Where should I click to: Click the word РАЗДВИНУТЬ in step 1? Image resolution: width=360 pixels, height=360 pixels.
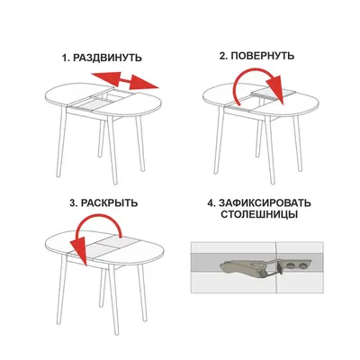[x=107, y=58]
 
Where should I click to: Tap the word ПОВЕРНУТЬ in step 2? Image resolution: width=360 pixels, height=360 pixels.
[x=261, y=56]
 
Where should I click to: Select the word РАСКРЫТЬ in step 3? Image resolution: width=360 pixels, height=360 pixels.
[x=110, y=202]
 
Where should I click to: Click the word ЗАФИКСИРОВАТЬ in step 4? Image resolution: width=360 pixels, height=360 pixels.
[x=265, y=202]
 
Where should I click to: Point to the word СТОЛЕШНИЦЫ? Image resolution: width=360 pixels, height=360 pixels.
[x=259, y=215]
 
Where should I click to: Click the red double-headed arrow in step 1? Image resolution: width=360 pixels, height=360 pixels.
[x=125, y=80]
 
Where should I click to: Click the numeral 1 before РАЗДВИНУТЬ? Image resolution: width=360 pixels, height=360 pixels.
[x=65, y=58]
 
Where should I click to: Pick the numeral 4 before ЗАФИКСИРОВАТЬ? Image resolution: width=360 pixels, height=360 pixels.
[x=211, y=202]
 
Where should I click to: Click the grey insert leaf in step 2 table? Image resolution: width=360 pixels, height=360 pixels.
[x=273, y=93]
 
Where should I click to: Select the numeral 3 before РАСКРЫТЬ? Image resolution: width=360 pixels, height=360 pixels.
[x=73, y=202]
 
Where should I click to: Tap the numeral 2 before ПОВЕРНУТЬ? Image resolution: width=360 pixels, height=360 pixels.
[x=222, y=56]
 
